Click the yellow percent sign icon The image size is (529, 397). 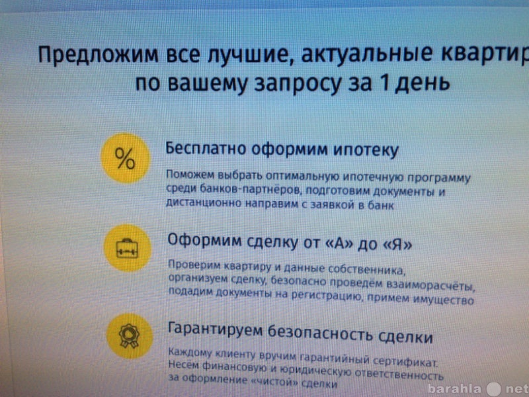point(126,158)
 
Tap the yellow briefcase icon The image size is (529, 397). point(127,248)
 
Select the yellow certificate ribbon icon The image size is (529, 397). point(129,336)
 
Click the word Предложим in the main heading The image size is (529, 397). point(98,54)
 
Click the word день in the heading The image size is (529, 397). point(423,83)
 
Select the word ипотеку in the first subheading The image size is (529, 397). point(366,151)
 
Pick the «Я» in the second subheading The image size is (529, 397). point(398,244)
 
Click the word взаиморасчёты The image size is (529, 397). point(430,287)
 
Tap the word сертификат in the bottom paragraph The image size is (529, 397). point(406,362)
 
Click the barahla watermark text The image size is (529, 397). point(454,388)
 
